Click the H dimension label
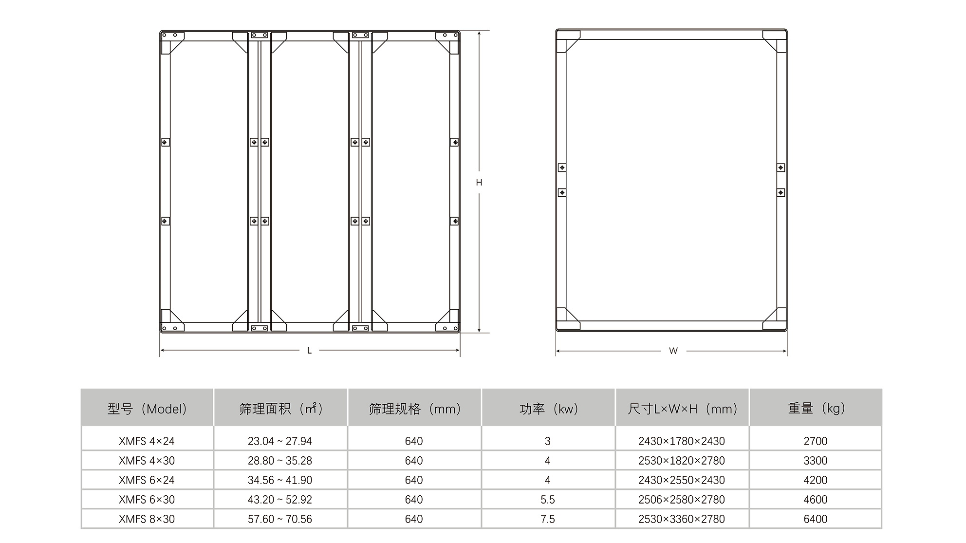point(479,183)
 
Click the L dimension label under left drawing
point(309,351)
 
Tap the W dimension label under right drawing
point(673,351)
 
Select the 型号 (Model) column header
point(147,409)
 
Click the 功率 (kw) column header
point(548,409)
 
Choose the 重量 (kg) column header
point(816,408)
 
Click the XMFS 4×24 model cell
point(147,441)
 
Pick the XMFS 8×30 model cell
point(147,519)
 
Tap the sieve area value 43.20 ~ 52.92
point(280,500)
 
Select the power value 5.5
point(548,500)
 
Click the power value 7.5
point(548,519)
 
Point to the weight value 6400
point(816,519)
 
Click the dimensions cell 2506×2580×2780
point(682,500)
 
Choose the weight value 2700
point(816,441)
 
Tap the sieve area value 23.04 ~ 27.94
point(280,441)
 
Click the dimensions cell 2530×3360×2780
point(682,519)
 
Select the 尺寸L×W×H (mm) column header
point(682,409)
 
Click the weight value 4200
point(816,480)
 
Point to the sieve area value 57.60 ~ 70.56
point(280,519)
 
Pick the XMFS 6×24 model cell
point(147,480)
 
